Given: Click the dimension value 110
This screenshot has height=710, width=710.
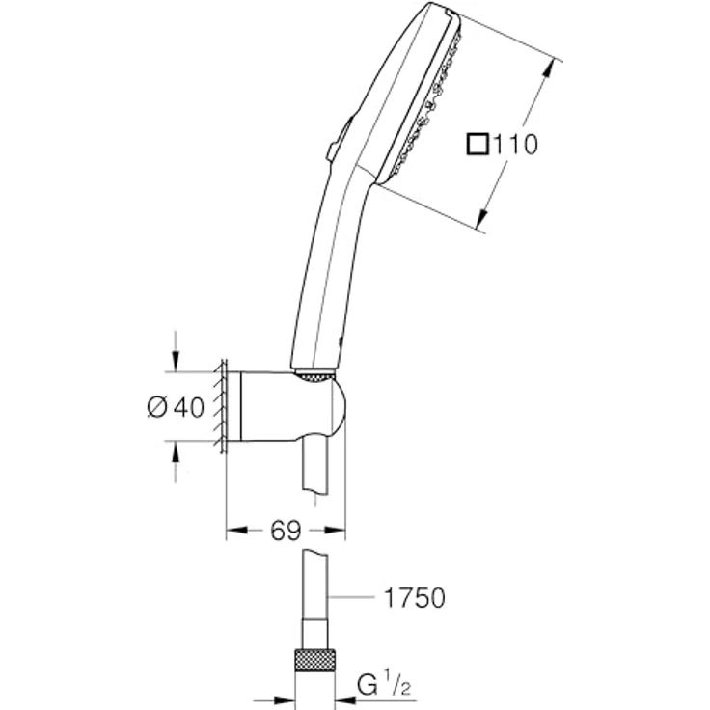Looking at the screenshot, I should coord(515,145).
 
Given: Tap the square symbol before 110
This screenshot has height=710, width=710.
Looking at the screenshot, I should coord(478,145).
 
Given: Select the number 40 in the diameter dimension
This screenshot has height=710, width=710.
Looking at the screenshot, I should coord(190,408).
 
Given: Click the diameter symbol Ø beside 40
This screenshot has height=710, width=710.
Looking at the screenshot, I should coord(158,408).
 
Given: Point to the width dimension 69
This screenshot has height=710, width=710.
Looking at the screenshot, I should coord(285,531).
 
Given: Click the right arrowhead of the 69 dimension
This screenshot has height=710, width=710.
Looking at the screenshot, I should coord(338,531).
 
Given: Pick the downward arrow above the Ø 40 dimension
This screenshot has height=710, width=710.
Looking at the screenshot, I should coord(175,362).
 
